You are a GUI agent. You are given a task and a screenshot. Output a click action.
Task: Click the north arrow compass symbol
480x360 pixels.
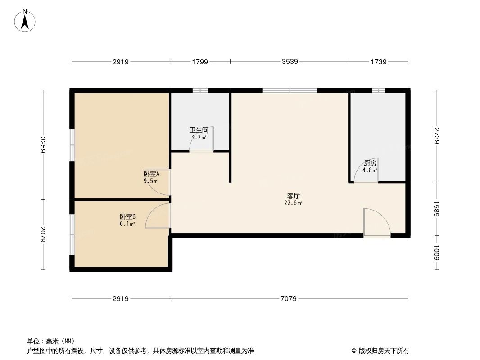[x=25, y=20]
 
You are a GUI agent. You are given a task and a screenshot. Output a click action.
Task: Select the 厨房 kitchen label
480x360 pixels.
[x=370, y=163]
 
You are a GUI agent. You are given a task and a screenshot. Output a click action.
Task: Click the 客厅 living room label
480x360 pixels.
[x=294, y=196]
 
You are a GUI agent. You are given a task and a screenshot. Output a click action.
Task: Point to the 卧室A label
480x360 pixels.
[x=151, y=174]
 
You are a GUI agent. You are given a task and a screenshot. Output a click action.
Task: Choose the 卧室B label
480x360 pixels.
[x=127, y=216]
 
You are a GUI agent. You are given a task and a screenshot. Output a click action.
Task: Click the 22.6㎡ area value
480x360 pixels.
[x=294, y=203]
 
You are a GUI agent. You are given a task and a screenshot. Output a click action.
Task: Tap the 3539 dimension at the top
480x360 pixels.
[x=290, y=62]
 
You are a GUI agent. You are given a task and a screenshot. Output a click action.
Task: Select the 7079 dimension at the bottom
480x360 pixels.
[x=289, y=298]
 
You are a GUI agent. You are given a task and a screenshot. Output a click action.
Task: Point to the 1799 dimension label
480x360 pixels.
[x=200, y=62]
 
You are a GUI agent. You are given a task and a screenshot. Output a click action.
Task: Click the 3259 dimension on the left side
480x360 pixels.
[x=44, y=144]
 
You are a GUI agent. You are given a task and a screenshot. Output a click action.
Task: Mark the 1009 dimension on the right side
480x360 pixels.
[x=436, y=253]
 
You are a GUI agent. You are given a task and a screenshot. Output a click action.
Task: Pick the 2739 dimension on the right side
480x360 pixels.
[x=436, y=136]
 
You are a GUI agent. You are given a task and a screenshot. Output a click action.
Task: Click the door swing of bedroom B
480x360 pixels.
[x=158, y=216]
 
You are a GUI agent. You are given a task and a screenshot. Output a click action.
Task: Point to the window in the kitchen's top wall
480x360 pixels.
[x=379, y=90]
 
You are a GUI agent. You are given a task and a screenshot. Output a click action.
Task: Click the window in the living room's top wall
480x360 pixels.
[x=290, y=90]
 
